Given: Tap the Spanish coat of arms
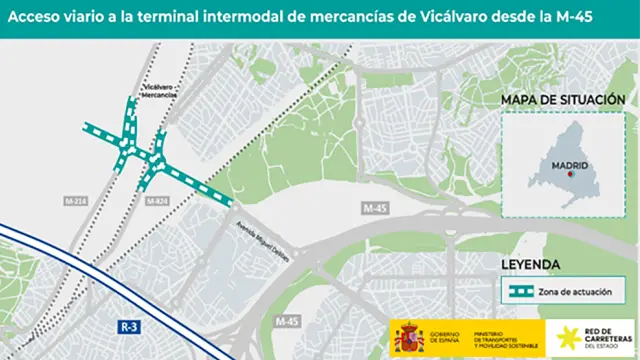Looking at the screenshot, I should pos(409,338).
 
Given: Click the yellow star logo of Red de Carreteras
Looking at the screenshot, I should pos(568,338).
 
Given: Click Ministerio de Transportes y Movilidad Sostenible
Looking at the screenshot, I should pos(504,338).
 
